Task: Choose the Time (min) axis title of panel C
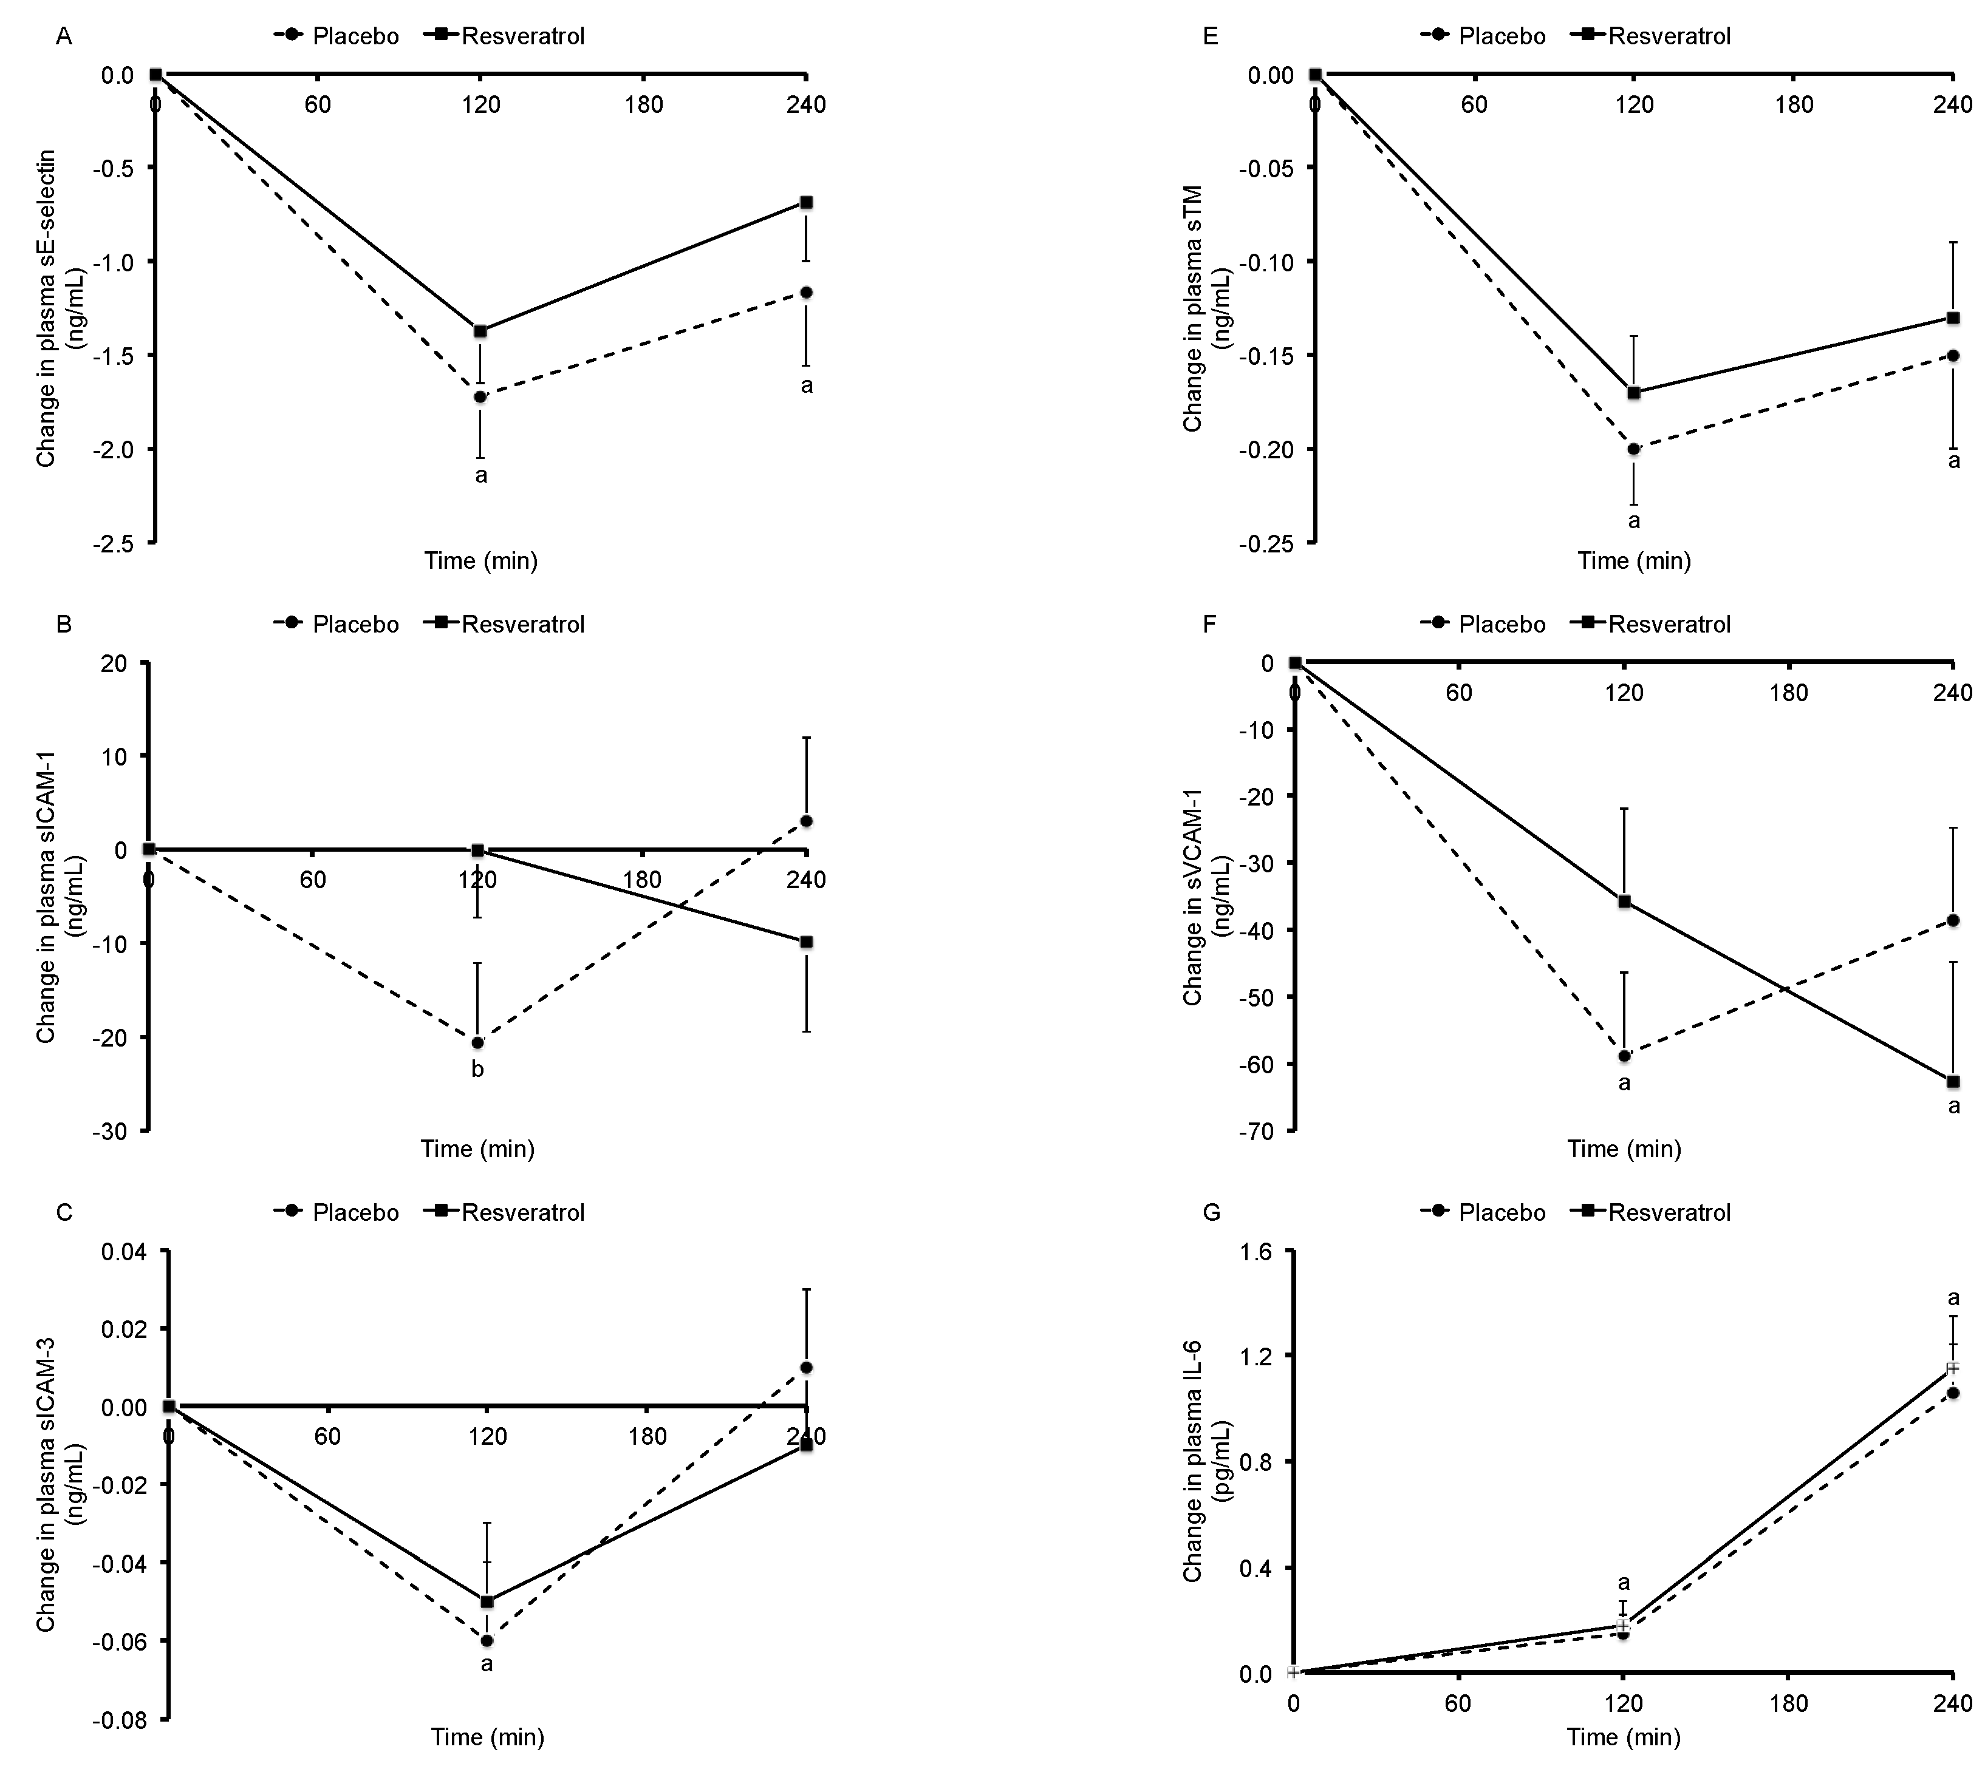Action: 487,1737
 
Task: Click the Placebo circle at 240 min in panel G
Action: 1953,1393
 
